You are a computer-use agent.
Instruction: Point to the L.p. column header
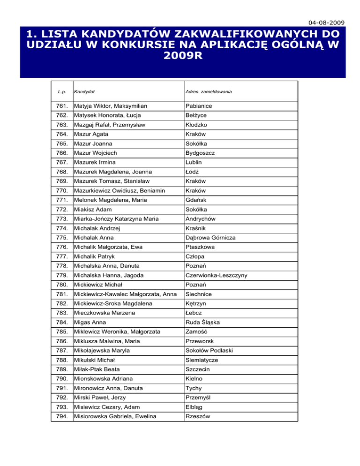(62, 92)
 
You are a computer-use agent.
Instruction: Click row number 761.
(61, 106)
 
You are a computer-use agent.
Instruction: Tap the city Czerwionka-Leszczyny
(217, 275)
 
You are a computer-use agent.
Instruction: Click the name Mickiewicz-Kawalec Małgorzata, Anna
(125, 294)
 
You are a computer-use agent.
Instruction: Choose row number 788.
(61, 360)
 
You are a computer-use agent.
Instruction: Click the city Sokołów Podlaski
(209, 350)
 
